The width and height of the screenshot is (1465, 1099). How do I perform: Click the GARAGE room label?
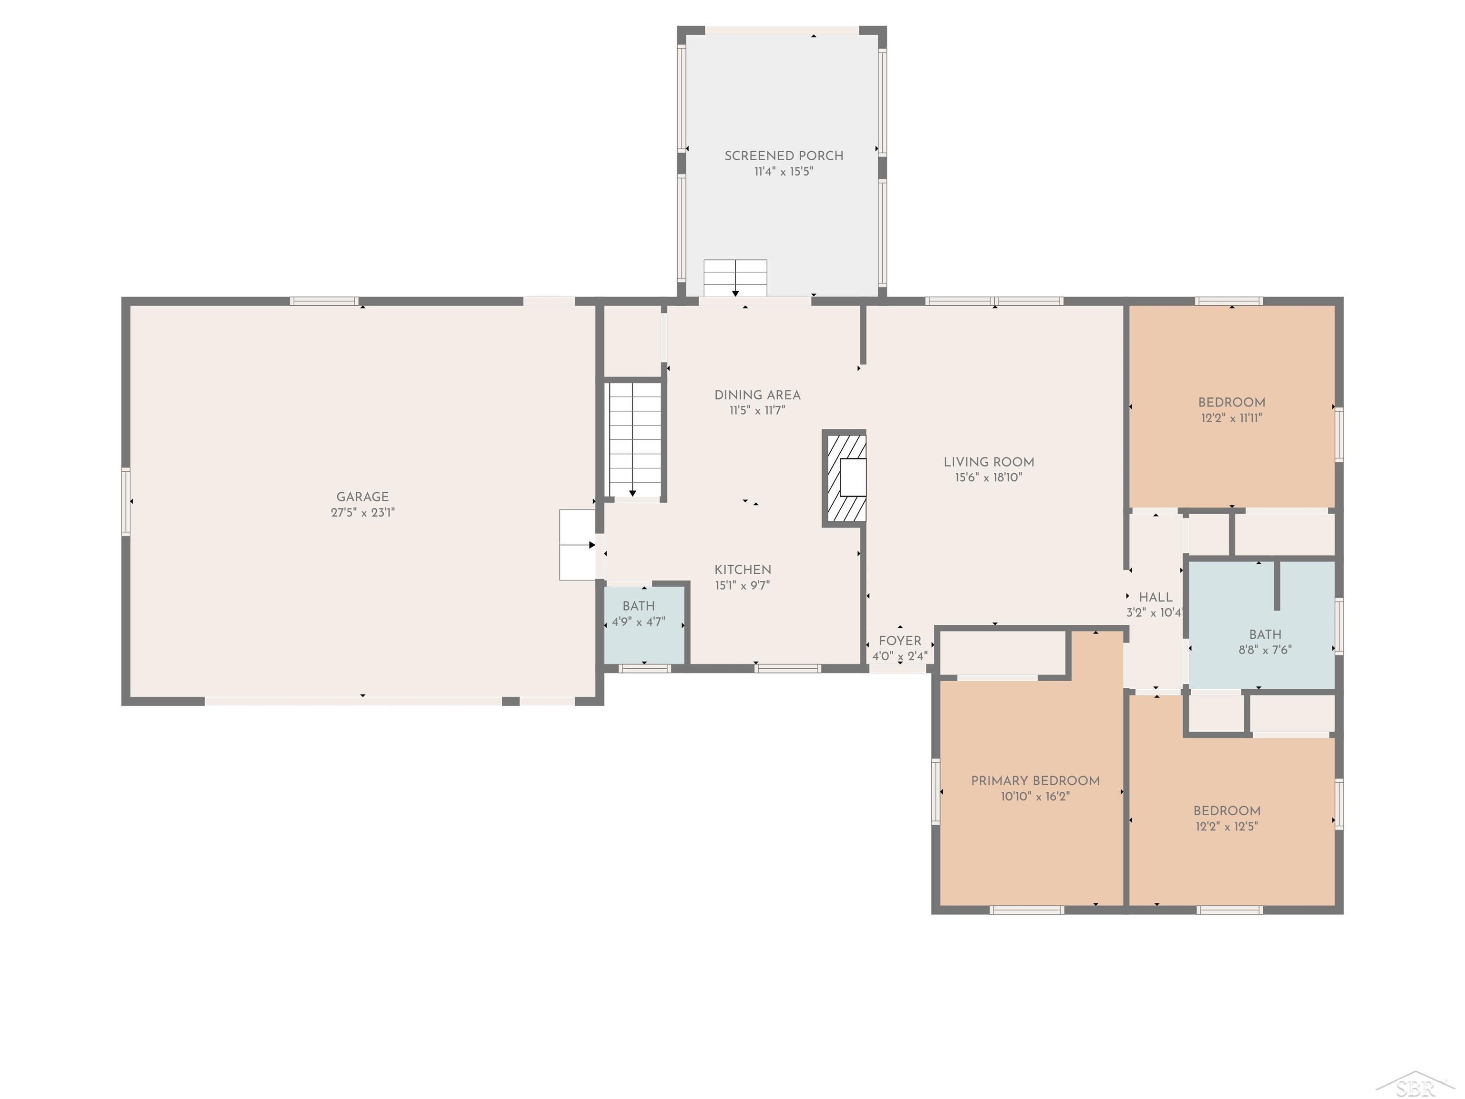pos(362,497)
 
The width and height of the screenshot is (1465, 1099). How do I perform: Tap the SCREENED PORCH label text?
pos(784,156)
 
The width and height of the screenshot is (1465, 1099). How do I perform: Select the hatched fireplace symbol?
pos(845,478)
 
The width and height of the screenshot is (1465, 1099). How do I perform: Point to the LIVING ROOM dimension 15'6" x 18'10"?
pos(988,477)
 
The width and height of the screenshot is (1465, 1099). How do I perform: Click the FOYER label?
pos(900,641)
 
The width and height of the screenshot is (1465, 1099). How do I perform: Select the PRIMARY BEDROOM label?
pos(1035,781)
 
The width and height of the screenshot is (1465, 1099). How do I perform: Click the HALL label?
pos(1155,598)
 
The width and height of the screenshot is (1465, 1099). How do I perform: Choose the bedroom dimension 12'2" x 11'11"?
pos(1231,418)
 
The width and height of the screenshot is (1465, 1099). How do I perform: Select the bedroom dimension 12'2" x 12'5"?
pos(1227,826)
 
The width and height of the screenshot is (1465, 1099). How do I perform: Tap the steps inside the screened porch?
pos(735,278)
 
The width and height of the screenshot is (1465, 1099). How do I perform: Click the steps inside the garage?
pos(578,545)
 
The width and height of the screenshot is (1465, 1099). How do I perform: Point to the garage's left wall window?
pos(126,501)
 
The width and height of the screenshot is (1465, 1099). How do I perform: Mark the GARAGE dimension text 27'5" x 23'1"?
pos(362,513)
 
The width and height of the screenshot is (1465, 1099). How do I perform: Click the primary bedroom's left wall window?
pos(936,792)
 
